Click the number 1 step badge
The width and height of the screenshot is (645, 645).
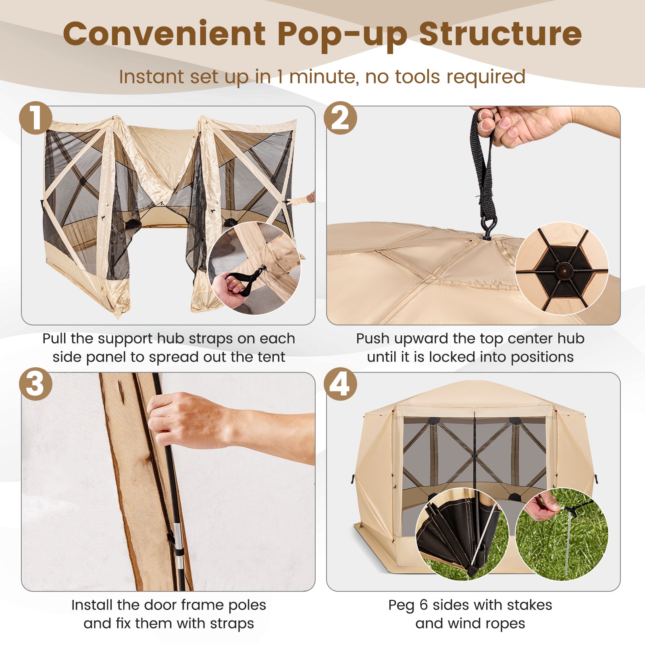(35, 118)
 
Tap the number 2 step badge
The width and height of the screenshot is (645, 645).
(341, 118)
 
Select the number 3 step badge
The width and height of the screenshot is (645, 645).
(35, 384)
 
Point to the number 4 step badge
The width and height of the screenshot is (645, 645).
(341, 384)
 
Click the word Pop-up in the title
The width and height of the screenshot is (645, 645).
(342, 35)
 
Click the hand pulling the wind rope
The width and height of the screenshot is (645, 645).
(542, 504)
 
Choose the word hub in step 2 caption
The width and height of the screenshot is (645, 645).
(571, 339)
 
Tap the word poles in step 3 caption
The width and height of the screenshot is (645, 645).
(247, 605)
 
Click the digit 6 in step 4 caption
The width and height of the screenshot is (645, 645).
(423, 605)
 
